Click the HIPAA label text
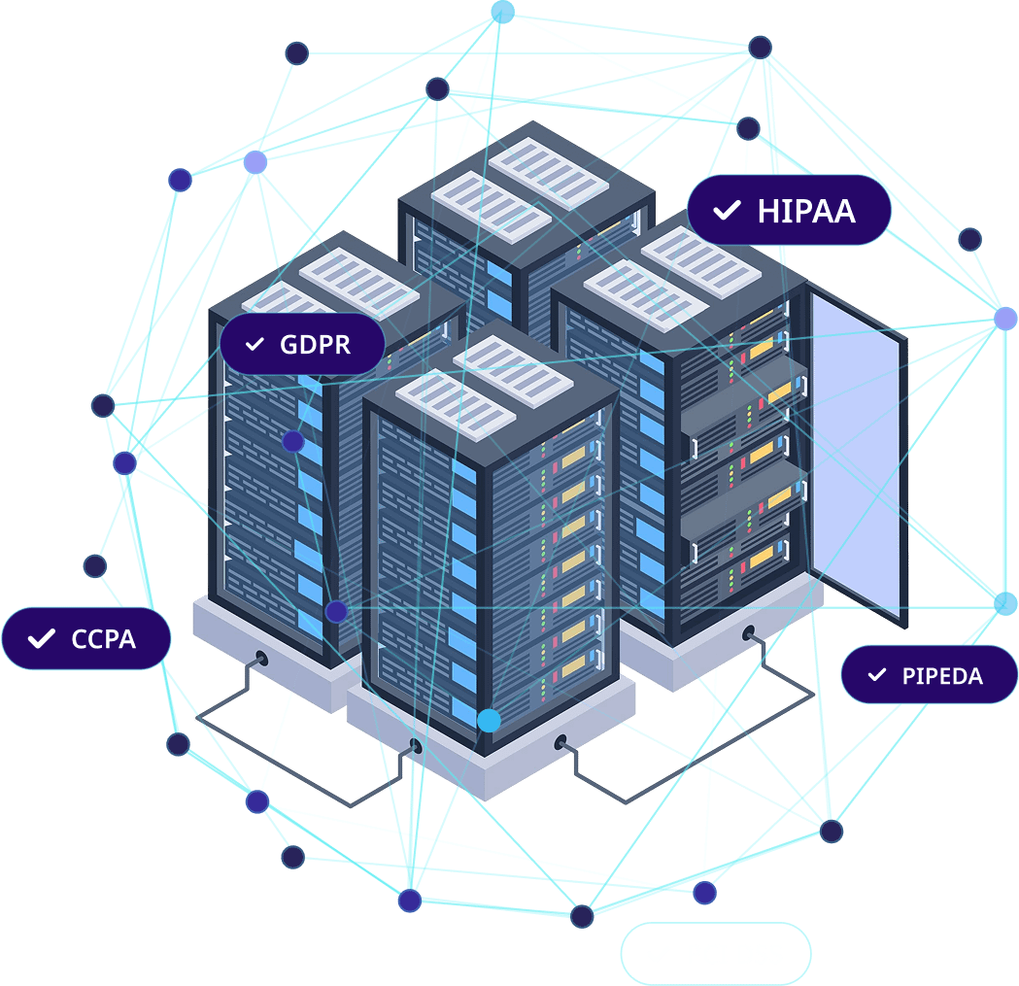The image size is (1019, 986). [x=806, y=211]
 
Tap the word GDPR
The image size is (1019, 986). [x=315, y=344]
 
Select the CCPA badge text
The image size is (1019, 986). [x=103, y=639]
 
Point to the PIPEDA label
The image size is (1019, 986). [x=942, y=675]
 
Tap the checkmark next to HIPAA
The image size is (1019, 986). [x=726, y=211]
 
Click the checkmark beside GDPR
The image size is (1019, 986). [x=255, y=345]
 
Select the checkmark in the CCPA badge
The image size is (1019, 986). [x=41, y=639]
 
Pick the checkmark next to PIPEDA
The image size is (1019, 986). [x=877, y=674]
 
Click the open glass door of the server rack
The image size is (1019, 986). [x=855, y=452]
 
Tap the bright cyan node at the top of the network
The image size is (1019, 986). [x=502, y=12]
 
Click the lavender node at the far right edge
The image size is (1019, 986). [x=1005, y=318]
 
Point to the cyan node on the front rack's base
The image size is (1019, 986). [x=490, y=720]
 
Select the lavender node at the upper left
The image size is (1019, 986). [x=255, y=162]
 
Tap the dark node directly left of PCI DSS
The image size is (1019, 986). [x=582, y=916]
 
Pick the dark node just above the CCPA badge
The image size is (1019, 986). [x=94, y=565]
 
